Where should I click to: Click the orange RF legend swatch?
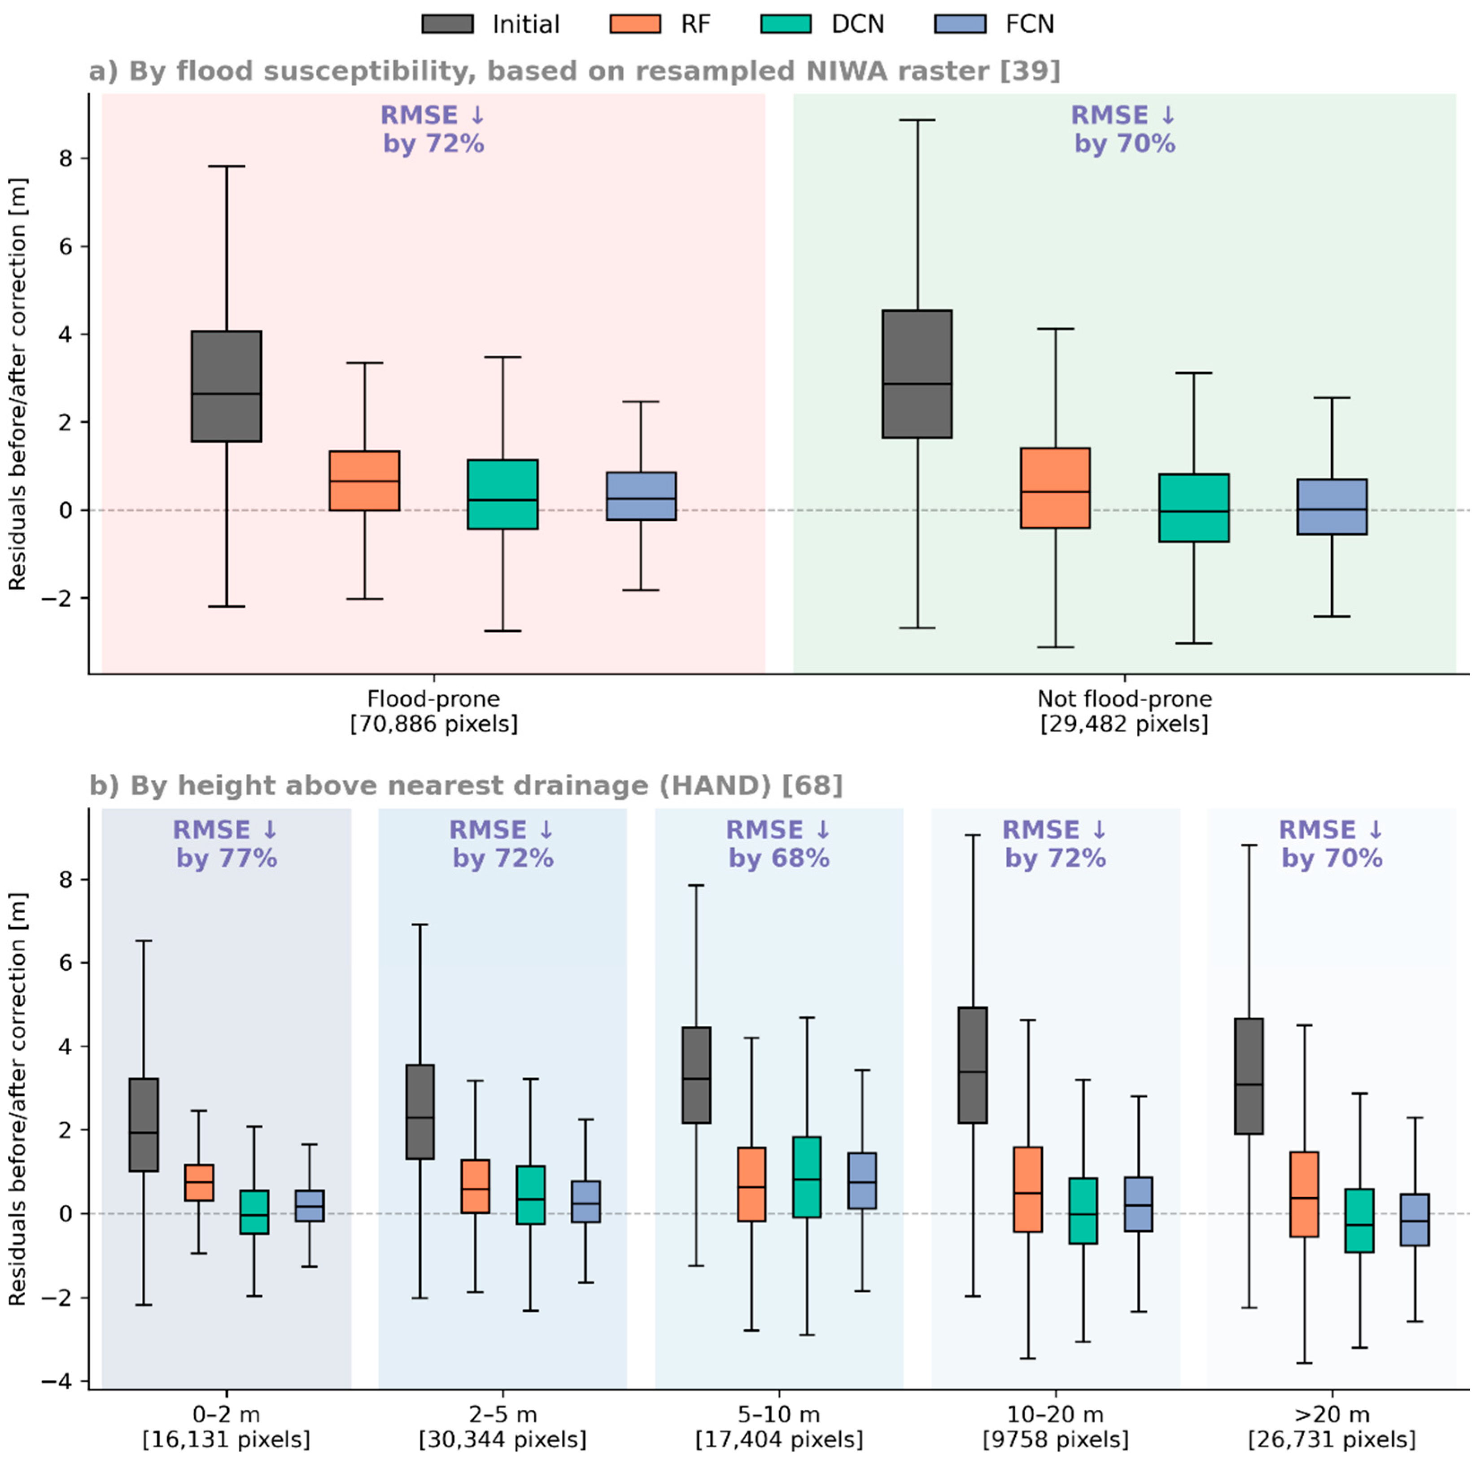635,24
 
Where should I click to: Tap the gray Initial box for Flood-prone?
226,386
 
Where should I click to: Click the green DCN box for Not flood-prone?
1193,508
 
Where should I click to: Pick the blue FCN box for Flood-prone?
641,496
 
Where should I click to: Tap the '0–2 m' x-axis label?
226,1414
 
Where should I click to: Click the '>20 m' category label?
1332,1414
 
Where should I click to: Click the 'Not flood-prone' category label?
1125,699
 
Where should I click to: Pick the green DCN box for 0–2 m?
254,1212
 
